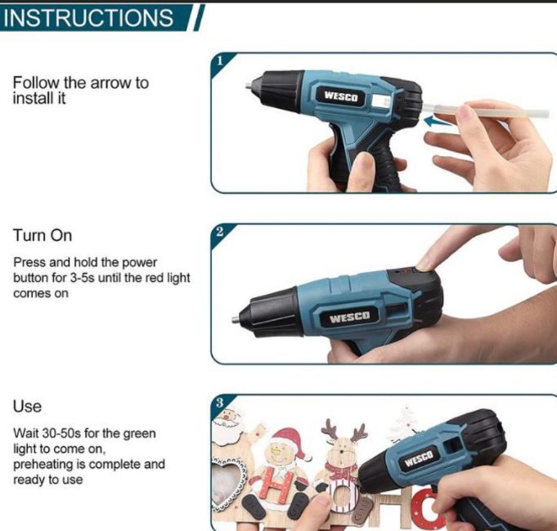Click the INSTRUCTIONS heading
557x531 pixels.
[88, 18]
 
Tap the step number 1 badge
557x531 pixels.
[220, 61]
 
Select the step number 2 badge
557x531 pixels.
[220, 232]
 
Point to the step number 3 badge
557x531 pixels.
[220, 403]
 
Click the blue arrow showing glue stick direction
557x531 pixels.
[438, 121]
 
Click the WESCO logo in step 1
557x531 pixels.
[340, 96]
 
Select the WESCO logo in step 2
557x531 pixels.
[349, 316]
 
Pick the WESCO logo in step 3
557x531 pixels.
[419, 458]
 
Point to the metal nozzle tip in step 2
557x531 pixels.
[236, 319]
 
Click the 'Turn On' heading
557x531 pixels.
[43, 235]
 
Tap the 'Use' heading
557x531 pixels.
[27, 407]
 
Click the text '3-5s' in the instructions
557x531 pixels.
[82, 278]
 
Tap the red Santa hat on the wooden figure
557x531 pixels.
[289, 441]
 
